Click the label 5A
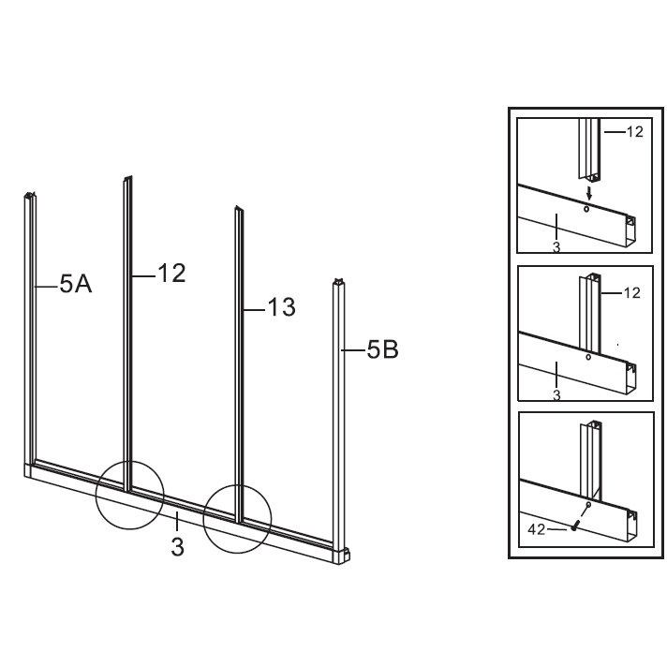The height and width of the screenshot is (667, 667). pos(76,284)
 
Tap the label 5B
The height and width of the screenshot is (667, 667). pos(383,349)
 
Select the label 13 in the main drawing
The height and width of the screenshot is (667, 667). pos(281,307)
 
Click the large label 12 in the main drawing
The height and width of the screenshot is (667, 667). pos(171,274)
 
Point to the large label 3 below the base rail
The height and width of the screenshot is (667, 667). pos(178,546)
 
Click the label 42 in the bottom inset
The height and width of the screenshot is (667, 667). pos(536,529)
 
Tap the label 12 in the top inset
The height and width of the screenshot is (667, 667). pos(634,132)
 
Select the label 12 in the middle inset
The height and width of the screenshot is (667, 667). pos(632,292)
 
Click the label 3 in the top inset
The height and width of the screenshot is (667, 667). pos(556,247)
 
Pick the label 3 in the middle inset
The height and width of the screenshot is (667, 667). pos(556,395)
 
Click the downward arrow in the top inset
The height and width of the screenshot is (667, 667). pos(589,193)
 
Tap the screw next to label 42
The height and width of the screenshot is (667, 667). pos(575,526)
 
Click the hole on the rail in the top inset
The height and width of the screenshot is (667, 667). pos(586,209)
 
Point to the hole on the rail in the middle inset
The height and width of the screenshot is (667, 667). pos(588,357)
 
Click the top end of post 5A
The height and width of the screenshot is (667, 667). pos(29,195)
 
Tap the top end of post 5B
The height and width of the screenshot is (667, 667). pos(338,281)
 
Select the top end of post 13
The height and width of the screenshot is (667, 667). pos(239,208)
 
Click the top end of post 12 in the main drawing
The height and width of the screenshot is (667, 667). pos(127,178)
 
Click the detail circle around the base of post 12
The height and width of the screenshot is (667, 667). pos(129,495)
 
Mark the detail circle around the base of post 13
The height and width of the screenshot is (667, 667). pos(237,519)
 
